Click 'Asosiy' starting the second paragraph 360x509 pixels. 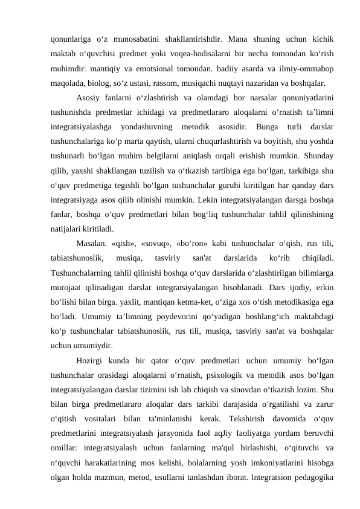[88, 97]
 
